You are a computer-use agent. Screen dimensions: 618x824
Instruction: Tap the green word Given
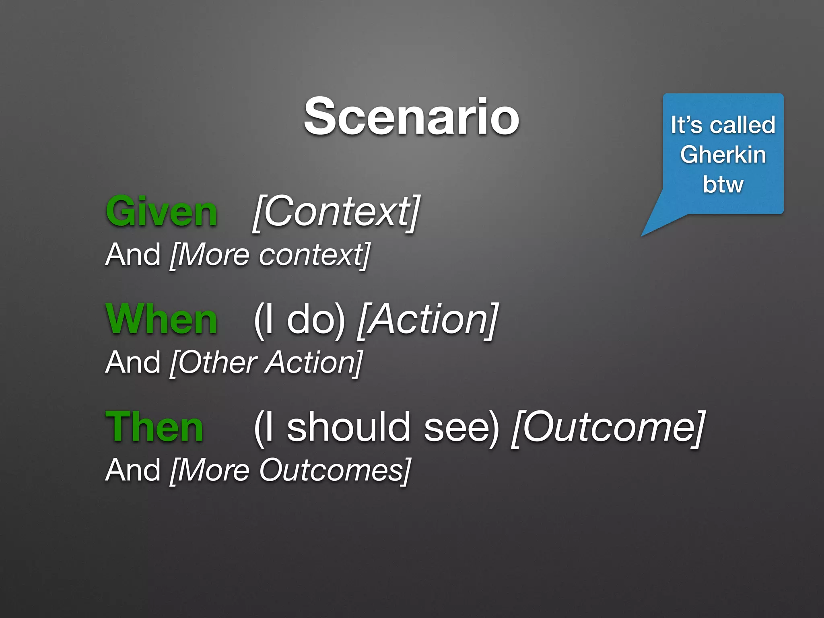161,212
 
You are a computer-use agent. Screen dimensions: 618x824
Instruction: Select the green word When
161,319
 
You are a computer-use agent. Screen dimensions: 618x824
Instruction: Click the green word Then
154,427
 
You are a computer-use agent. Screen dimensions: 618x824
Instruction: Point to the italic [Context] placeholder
336,212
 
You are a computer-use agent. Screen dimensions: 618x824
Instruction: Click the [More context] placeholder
270,255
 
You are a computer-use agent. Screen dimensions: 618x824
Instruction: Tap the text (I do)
299,320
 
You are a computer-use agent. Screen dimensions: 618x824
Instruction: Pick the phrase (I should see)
376,427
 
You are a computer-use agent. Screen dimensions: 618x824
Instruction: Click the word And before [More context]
133,255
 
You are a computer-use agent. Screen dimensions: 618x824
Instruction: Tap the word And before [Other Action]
133,363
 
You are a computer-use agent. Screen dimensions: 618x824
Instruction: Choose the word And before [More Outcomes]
133,471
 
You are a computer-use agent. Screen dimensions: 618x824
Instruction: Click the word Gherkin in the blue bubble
723,155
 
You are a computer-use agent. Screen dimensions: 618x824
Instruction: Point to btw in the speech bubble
723,185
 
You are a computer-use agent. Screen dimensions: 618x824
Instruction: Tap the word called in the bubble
742,125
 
